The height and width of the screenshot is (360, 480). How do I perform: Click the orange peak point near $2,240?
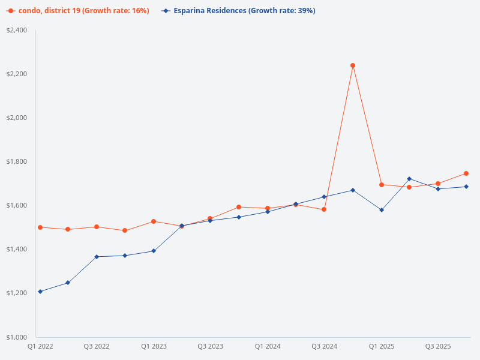(353, 65)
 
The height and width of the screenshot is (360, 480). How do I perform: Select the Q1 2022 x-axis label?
(40, 346)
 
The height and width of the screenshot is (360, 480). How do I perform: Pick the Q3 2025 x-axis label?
(438, 346)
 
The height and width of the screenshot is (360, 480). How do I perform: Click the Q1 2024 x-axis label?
(267, 346)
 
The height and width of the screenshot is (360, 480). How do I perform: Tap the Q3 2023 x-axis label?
(210, 346)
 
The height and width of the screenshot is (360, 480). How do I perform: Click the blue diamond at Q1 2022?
(40, 292)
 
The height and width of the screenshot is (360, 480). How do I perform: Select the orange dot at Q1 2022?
(40, 227)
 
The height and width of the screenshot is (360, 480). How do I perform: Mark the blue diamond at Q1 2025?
(382, 210)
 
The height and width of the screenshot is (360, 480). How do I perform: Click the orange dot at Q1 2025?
(382, 185)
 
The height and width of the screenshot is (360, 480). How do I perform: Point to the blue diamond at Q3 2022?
(97, 257)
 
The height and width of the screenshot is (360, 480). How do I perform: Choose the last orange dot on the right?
(466, 173)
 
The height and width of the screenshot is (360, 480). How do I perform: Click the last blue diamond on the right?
(466, 187)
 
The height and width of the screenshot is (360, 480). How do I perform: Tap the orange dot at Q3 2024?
(324, 209)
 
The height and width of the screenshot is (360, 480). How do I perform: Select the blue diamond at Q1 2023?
(154, 251)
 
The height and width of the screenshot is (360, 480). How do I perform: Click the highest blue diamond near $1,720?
(409, 179)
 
